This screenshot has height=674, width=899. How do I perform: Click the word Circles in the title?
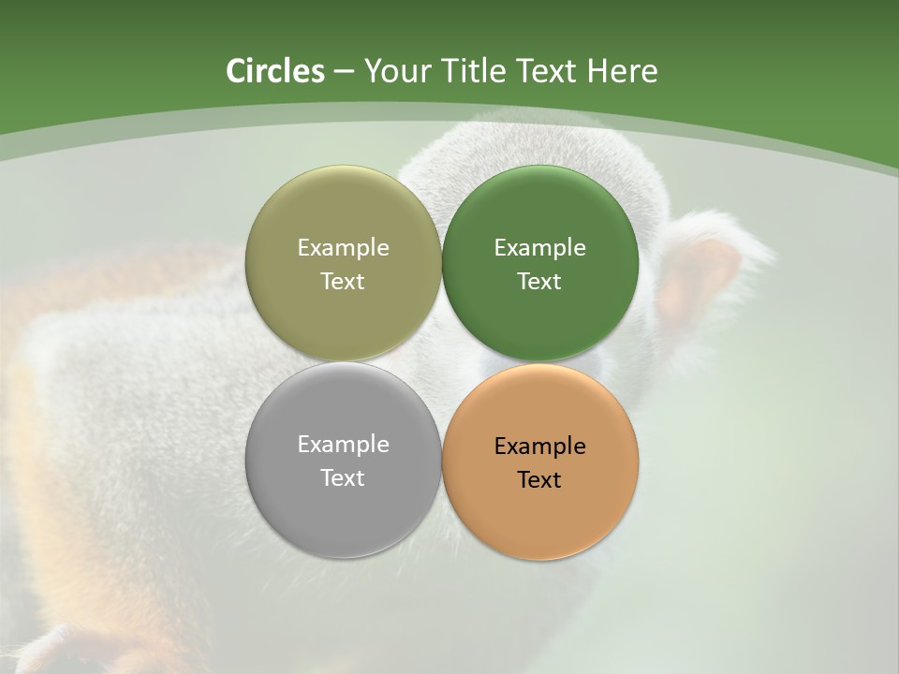click(274, 71)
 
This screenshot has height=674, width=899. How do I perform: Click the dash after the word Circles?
click(344, 72)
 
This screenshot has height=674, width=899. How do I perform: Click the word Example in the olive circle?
click(344, 248)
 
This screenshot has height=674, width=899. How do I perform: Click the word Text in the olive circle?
click(344, 282)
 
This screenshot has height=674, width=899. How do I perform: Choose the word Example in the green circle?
click(540, 248)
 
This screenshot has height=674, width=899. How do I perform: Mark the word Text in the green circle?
click(540, 282)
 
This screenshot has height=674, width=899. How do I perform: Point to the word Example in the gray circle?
click(344, 445)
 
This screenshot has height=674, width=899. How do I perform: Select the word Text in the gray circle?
click(344, 478)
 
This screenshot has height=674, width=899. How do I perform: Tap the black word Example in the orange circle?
click(540, 447)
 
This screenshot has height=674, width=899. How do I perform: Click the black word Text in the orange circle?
click(540, 480)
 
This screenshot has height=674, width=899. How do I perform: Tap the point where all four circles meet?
click(442, 362)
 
